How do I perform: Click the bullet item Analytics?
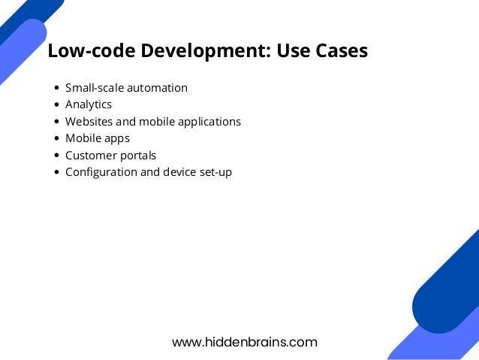[x=89, y=104]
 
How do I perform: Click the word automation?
[x=158, y=88]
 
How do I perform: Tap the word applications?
[x=209, y=122]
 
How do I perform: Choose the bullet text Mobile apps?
[x=98, y=138]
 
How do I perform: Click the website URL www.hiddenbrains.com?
[x=245, y=343]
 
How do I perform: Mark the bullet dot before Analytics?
[x=58, y=105]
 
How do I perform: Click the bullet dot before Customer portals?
[x=58, y=156]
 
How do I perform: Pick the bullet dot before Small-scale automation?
[x=58, y=88]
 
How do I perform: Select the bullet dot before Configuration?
[x=58, y=172]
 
